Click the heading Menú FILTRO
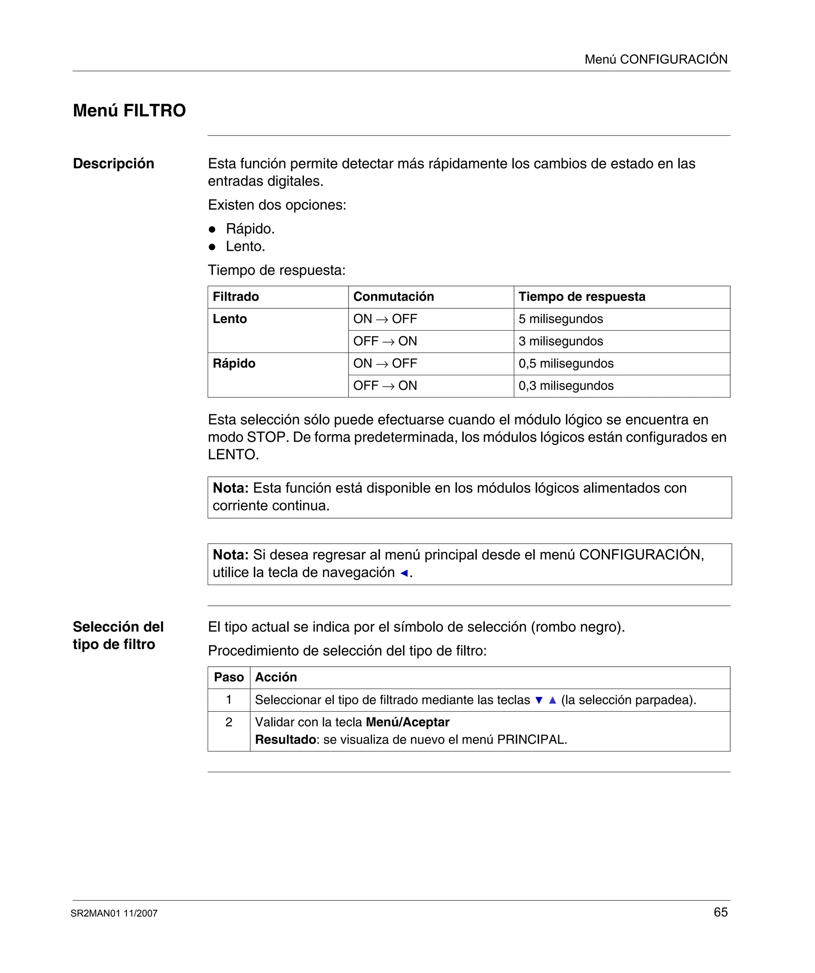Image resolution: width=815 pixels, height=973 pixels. point(129,111)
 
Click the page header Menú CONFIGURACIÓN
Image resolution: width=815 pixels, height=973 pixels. point(656,59)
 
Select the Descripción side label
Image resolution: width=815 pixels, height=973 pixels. point(113,164)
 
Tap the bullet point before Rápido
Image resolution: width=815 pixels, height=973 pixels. point(212,229)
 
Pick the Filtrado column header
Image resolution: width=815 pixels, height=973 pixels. point(236,297)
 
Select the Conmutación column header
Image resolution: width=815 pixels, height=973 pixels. point(393,297)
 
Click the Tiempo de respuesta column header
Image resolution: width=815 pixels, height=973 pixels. point(582,297)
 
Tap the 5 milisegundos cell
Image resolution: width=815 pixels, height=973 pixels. point(560,319)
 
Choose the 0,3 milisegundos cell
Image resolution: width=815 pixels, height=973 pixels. point(566,386)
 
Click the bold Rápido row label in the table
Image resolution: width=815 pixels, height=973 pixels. point(234,363)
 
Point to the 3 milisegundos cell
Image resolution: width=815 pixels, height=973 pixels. point(560,341)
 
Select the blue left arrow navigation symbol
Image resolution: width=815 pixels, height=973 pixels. point(404,573)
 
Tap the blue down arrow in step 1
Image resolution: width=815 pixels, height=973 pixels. point(538,700)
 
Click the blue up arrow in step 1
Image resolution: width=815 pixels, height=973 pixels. point(552,700)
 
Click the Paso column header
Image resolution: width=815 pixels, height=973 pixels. point(229,677)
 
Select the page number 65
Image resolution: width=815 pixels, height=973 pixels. point(721,912)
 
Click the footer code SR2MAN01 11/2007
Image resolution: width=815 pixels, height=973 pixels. point(114,914)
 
